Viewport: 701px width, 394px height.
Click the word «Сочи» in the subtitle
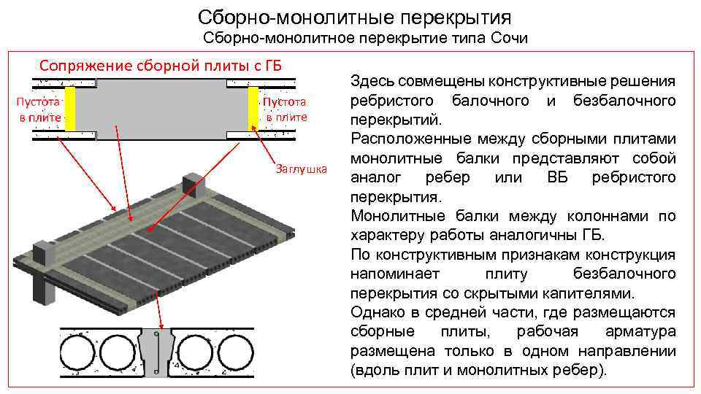pos(510,37)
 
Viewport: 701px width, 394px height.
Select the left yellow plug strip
pos(70,109)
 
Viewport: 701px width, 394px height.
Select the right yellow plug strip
pos(254,109)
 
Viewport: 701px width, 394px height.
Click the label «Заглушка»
pos(300,170)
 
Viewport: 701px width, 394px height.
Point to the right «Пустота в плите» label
pos(286,109)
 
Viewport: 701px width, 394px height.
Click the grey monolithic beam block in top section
pos(162,109)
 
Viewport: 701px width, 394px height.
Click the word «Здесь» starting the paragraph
pos(373,81)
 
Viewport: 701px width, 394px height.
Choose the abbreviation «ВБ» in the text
pos(560,178)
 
